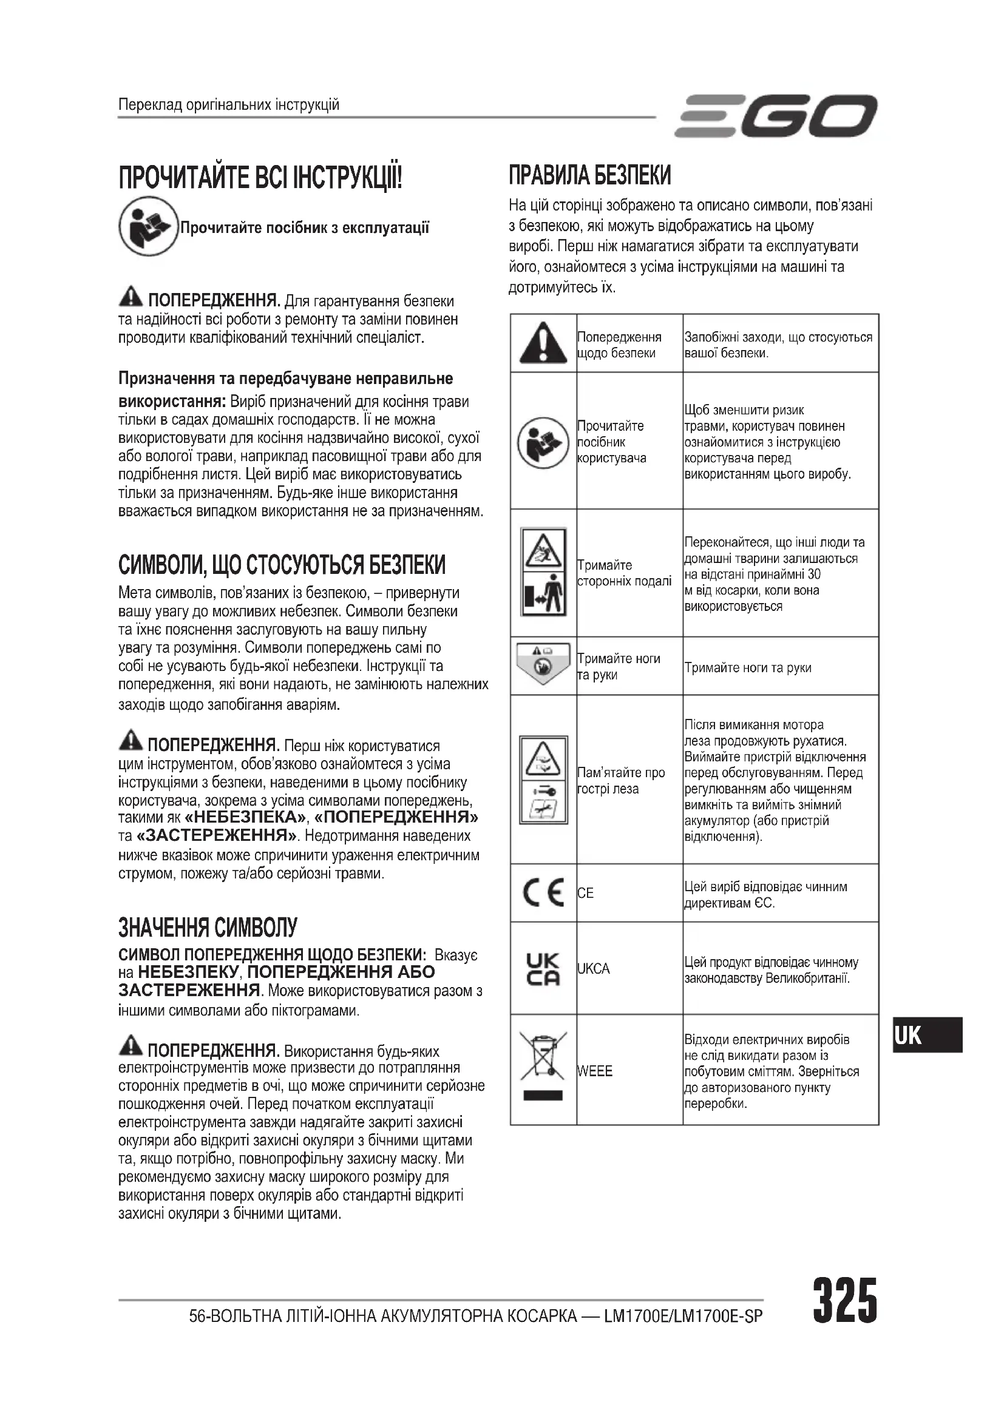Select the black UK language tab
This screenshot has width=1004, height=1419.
click(x=928, y=1034)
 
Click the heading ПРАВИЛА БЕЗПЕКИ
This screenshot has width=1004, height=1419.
click(x=590, y=176)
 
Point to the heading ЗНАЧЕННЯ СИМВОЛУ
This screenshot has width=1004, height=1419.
click(x=208, y=928)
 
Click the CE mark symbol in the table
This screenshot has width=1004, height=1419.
click(x=543, y=893)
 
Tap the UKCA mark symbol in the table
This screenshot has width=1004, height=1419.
click(x=543, y=968)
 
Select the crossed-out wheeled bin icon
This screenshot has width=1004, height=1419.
click(x=543, y=1065)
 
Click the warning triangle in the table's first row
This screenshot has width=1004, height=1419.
click(x=543, y=343)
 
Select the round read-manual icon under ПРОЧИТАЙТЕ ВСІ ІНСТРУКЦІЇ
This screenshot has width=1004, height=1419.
click(x=148, y=226)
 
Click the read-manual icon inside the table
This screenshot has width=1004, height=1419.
click(x=543, y=442)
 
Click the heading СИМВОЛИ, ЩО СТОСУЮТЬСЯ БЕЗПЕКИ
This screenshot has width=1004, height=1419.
click(x=282, y=565)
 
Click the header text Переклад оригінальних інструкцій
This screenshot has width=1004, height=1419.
click(x=229, y=104)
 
